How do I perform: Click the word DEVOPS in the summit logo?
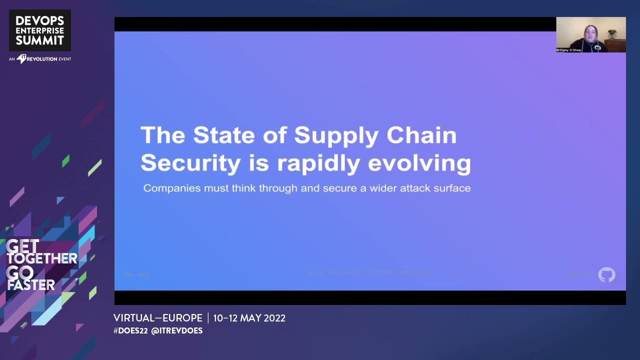click(x=40, y=20)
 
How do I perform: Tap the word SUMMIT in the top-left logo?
click(x=40, y=40)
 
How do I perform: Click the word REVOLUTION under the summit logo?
click(x=42, y=59)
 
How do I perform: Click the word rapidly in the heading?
click(x=324, y=163)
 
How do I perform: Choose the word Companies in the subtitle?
click(x=171, y=188)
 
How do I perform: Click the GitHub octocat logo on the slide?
click(x=606, y=274)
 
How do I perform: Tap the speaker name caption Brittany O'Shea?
click(x=568, y=50)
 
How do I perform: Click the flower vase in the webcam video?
click(x=611, y=34)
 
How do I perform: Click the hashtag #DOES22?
click(x=130, y=331)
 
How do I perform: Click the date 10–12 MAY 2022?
click(x=249, y=318)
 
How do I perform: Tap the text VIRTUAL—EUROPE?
click(x=157, y=318)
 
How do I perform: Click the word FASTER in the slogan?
click(x=30, y=285)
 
